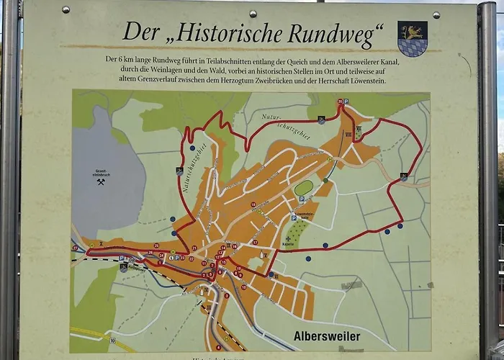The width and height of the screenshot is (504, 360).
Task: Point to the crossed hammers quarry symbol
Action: pos(101,182)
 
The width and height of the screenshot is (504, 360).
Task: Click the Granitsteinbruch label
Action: pos(100,172)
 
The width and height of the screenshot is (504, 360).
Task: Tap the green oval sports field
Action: pos(304,189)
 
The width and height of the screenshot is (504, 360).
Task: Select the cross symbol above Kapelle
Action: pos(289,238)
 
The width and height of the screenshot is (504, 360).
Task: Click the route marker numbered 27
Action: pos(75,248)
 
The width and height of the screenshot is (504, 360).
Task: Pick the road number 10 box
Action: pos(112,338)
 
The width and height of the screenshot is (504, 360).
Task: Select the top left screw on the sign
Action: pos(66,9)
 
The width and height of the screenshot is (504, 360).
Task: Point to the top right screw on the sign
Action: pos(436,14)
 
